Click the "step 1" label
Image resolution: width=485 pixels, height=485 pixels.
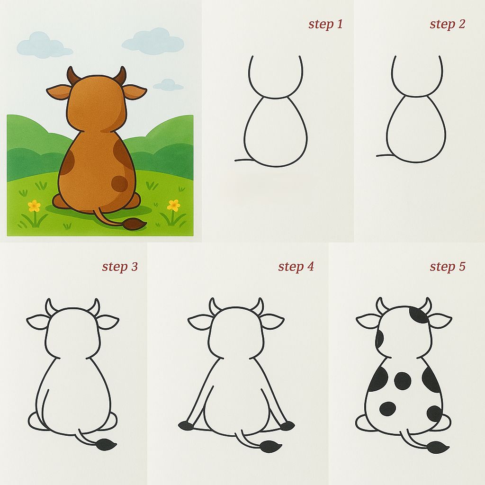click(325, 24)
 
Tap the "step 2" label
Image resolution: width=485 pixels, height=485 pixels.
click(447, 24)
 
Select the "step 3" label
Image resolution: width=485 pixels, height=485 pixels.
click(120, 267)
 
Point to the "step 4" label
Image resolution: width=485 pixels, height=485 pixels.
click(296, 267)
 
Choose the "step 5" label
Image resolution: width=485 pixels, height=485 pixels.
click(447, 267)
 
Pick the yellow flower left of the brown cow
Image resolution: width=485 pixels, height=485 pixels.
click(34, 206)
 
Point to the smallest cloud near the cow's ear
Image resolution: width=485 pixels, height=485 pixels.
click(169, 85)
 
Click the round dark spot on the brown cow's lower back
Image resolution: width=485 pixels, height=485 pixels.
click(119, 183)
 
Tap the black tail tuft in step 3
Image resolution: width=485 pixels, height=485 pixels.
click(106, 444)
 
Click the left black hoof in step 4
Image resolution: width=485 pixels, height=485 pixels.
click(186, 426)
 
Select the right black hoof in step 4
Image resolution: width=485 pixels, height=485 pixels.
click(287, 426)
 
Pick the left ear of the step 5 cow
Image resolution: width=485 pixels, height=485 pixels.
click(367, 321)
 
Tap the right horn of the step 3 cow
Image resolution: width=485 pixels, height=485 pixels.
click(94, 306)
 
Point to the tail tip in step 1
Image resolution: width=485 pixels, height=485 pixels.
click(236, 161)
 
